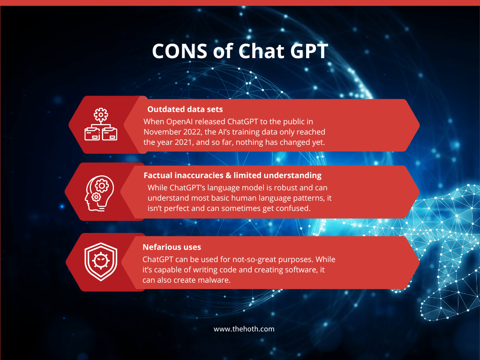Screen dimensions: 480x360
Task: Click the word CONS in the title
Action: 180,51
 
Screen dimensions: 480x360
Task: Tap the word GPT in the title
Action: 309,51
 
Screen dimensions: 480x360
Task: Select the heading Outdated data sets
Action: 185,109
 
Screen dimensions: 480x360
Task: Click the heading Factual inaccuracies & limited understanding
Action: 232,175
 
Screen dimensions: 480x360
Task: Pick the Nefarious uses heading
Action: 172,247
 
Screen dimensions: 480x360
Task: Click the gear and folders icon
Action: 101,124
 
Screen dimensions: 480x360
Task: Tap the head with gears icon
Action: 99,193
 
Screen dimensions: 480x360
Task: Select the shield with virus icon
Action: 101,262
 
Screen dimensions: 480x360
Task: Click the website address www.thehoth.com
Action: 244,329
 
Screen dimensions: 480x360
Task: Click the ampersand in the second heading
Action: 228,175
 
